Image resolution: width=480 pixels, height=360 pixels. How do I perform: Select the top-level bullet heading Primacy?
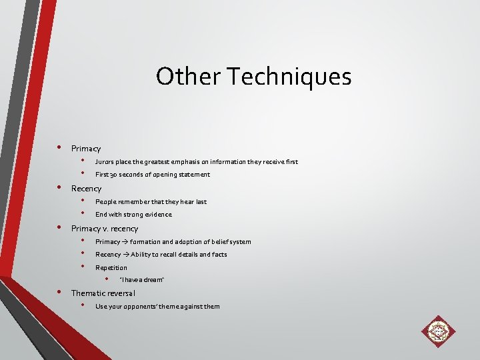coord(86,149)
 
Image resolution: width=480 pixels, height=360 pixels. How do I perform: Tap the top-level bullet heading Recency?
coord(87,189)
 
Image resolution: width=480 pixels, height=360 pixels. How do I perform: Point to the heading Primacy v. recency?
coord(105,229)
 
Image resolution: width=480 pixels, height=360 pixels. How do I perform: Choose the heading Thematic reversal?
coord(103,293)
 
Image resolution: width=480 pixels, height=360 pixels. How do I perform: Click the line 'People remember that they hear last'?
coord(151,201)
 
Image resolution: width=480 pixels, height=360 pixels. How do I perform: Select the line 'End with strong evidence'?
coord(133,215)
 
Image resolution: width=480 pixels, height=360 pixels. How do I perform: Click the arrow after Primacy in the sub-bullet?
coord(125,241)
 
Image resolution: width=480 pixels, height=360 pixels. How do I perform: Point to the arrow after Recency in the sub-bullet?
coord(126,254)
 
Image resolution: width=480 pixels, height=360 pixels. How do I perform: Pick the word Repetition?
coord(111,267)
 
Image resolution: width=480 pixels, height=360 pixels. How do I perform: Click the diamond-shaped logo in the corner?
coord(437,331)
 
